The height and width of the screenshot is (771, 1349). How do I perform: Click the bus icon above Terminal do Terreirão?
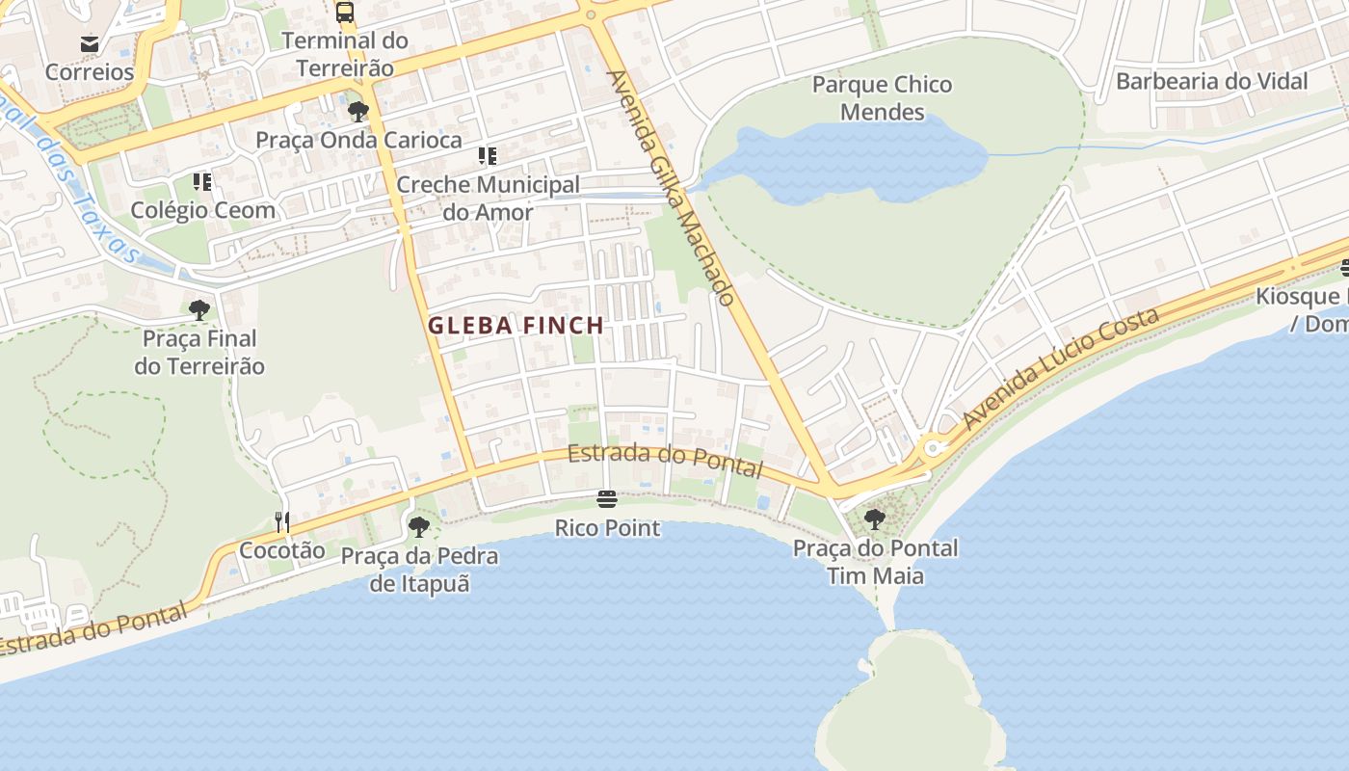344,13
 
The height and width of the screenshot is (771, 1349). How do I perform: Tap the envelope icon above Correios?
90,44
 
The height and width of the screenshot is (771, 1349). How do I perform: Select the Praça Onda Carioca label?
358,140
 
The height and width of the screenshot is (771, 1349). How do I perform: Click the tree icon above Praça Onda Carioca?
358,112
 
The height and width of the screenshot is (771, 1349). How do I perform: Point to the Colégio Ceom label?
202,210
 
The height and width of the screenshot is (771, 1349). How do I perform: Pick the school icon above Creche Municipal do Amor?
488,156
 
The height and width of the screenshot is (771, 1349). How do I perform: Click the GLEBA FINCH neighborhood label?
516,326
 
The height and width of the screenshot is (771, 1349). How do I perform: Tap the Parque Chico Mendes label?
882,98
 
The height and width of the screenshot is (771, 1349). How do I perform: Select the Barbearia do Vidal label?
1211,81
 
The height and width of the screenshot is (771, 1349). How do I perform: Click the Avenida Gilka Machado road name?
672,187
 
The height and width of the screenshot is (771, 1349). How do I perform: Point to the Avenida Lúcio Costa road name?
1060,370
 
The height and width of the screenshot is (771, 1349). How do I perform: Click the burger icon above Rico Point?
607,499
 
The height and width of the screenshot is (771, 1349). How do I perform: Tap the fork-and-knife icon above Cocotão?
282,522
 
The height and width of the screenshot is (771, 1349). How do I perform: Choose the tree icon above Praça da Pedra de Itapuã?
419,527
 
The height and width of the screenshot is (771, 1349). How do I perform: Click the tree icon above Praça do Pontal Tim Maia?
875,519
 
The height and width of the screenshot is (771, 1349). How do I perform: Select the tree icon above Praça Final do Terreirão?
199,310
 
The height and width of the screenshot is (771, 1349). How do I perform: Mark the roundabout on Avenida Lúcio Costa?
932,448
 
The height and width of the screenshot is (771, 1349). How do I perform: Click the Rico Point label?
607,528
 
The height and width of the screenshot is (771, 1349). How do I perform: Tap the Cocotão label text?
282,551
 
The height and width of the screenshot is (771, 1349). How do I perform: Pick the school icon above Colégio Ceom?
202,182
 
